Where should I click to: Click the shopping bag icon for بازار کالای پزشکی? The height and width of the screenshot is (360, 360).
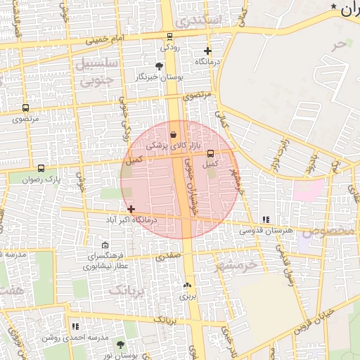[174, 134]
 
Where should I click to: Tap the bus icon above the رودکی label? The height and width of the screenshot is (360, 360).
[169, 37]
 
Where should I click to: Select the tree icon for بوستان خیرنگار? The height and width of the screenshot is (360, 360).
[159, 65]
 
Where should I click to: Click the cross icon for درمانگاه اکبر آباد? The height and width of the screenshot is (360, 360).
[131, 209]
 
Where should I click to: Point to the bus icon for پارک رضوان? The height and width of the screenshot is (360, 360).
[41, 169]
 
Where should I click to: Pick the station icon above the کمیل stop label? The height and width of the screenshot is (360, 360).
[210, 154]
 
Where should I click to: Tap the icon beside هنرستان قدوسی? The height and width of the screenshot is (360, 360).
[265, 219]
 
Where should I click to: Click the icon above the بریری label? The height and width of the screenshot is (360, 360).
[187, 285]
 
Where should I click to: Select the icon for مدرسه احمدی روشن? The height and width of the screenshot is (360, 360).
[75, 326]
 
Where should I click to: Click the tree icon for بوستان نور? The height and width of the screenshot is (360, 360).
[120, 345]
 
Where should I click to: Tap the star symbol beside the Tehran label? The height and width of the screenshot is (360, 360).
[333, 6]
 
